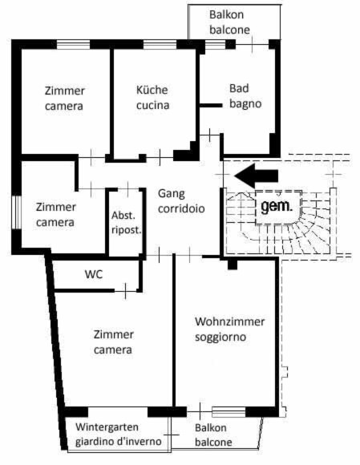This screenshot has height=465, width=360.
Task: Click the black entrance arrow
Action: click(x=257, y=176)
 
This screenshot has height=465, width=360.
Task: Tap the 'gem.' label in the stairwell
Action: click(x=277, y=206)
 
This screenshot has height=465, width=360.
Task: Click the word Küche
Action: click(x=152, y=90)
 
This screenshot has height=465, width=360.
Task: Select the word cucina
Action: click(x=152, y=105)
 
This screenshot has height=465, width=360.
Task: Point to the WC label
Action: click(x=94, y=274)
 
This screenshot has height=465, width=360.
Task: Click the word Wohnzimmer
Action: click(x=230, y=321)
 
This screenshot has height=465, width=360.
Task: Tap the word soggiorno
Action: click(x=220, y=338)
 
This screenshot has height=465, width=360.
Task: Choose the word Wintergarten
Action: click(x=107, y=427)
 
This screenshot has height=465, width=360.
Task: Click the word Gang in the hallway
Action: click(x=172, y=194)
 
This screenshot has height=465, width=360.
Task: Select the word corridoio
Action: click(x=181, y=208)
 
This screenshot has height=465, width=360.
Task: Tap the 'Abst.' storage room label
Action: click(x=123, y=216)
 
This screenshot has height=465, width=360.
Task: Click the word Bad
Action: click(x=239, y=88)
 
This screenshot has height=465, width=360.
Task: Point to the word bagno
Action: click(x=245, y=104)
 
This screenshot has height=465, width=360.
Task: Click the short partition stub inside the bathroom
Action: click(x=211, y=105)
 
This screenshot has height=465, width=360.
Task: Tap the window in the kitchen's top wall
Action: click(x=160, y=44)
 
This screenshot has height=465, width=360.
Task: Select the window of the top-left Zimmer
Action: click(x=73, y=44)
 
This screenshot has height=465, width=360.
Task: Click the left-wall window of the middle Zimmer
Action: click(x=18, y=212)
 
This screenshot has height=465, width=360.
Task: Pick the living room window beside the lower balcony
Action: click(x=229, y=412)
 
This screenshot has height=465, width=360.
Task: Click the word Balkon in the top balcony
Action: click(x=227, y=14)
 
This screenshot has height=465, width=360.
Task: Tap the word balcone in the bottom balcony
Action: click(x=213, y=443)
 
